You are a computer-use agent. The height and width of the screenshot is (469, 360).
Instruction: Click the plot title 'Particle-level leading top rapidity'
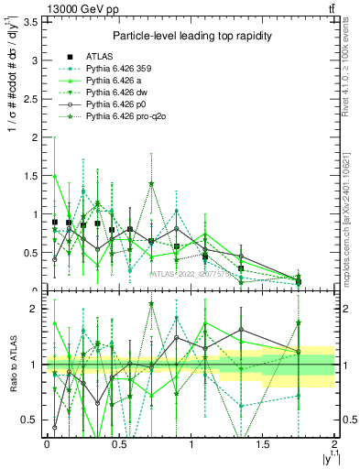tap(190, 36)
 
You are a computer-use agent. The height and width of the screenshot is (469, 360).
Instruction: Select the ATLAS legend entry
tap(102, 58)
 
